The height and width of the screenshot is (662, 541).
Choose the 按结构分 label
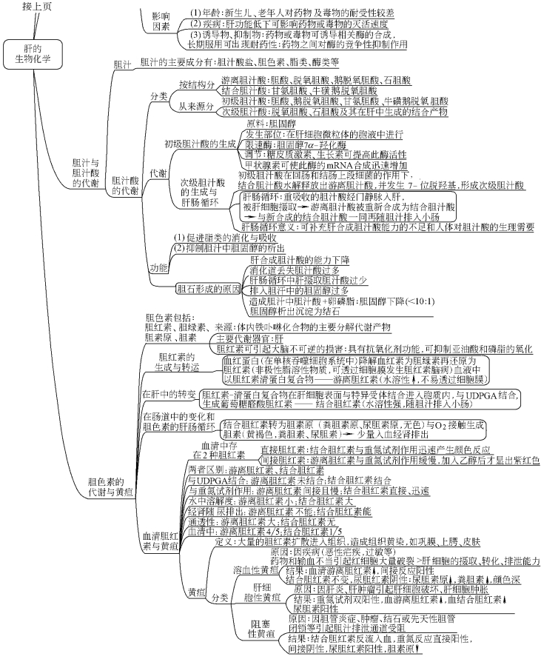point(196,85)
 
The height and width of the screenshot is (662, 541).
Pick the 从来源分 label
point(196,105)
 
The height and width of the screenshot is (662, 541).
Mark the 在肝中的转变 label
point(169,393)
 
